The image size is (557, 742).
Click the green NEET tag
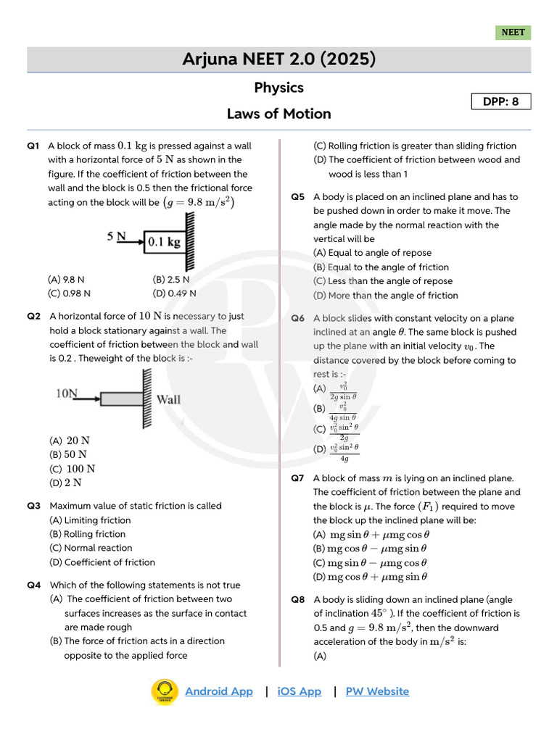click(513, 33)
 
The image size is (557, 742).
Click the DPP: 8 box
click(501, 101)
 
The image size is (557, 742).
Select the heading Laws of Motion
click(278, 114)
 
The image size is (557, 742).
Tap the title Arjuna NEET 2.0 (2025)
click(278, 59)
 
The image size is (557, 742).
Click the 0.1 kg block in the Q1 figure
click(164, 242)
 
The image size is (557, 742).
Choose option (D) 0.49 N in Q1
click(174, 293)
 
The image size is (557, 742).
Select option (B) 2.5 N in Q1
click(171, 279)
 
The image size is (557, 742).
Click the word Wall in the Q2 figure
click(169, 399)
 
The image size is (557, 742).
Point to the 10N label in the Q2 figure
click(67, 393)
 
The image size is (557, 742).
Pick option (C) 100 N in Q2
click(72, 469)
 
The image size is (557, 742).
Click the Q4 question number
click(33, 585)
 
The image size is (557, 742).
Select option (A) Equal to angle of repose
click(372, 253)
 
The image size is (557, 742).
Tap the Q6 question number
click(297, 319)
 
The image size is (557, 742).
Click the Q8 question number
click(297, 600)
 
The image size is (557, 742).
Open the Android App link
click(219, 691)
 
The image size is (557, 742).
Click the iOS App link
click(300, 691)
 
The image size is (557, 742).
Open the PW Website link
click(377, 691)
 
